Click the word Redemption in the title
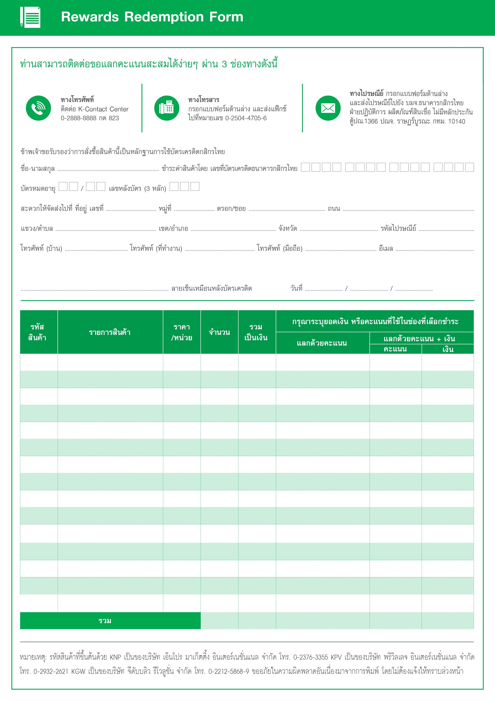(164, 17)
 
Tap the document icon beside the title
(30, 17)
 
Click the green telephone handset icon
(39, 108)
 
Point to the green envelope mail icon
(328, 108)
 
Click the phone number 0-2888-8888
(78, 118)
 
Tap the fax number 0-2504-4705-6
(246, 118)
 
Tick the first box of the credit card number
(305, 167)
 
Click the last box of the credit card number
(469, 167)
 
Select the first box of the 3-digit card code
(174, 186)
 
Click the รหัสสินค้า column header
(37, 332)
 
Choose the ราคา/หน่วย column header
(182, 332)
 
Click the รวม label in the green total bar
(105, 621)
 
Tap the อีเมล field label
(386, 249)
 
